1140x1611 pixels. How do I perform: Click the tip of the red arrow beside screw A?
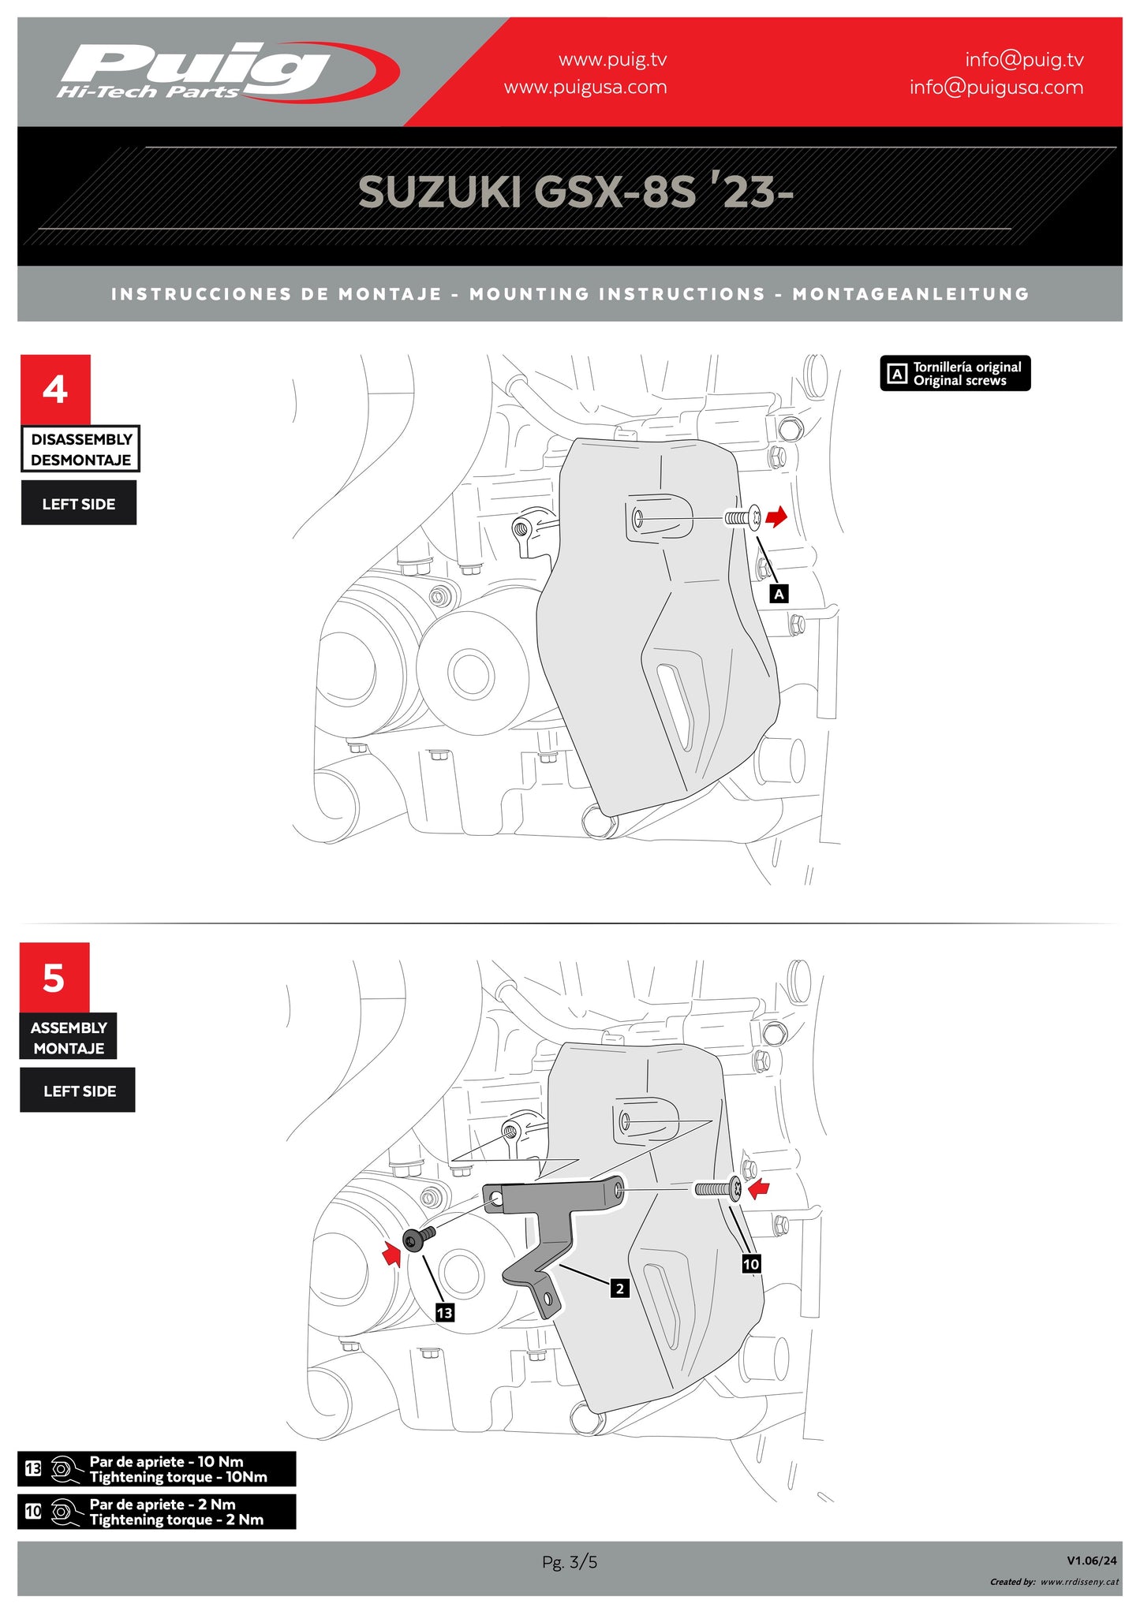[x=787, y=515]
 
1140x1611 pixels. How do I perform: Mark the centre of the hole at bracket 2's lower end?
[x=545, y=1297]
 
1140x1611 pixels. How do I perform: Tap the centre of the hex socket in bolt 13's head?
[x=410, y=1240]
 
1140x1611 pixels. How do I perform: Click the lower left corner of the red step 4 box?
[x=21, y=424]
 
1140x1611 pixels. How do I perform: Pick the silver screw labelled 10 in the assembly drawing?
[x=718, y=1188]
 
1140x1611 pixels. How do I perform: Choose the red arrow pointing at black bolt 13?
[x=391, y=1254]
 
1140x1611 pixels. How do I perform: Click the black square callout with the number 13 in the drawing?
[x=444, y=1312]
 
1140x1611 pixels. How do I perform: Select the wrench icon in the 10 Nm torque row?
[x=66, y=1469]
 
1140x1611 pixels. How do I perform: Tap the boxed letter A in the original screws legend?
[x=897, y=374]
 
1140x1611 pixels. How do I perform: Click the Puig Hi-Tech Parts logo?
[x=227, y=72]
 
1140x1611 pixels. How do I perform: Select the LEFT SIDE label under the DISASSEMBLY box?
[x=79, y=503]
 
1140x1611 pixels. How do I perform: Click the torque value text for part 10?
[x=177, y=1512]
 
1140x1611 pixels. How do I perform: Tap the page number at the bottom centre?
[x=570, y=1561]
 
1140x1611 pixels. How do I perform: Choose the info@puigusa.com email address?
[x=996, y=88]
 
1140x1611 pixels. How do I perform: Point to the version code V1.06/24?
[x=1092, y=1560]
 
